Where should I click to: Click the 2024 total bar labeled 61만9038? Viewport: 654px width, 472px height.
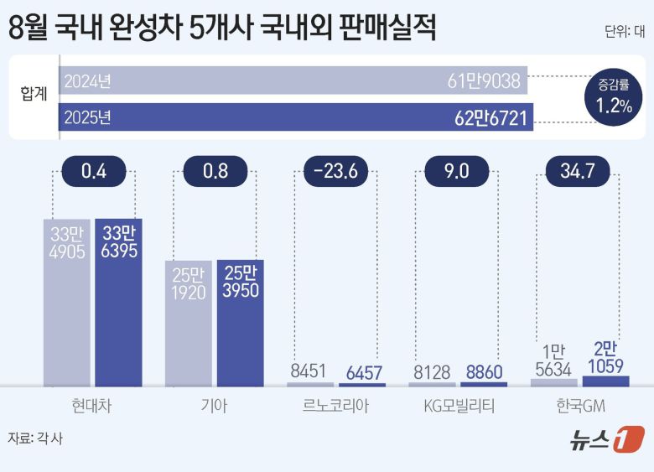click(293, 81)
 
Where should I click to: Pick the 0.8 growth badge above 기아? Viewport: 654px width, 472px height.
click(215, 173)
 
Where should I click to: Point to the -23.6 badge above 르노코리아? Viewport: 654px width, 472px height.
click(336, 173)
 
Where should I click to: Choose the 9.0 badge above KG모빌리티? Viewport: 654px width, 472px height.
click(458, 173)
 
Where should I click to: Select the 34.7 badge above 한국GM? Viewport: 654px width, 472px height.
click(579, 173)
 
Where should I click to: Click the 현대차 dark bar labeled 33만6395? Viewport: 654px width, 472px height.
click(118, 302)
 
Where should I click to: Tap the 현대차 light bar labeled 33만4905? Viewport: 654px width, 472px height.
click(68, 302)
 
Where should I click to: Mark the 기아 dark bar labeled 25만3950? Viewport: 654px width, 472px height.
click(240, 323)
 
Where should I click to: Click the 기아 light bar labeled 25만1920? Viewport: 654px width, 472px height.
click(189, 323)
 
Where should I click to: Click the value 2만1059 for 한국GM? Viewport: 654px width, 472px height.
click(605, 355)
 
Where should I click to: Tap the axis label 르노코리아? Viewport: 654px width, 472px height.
click(336, 407)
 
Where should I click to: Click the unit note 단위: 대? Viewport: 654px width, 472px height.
click(624, 32)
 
